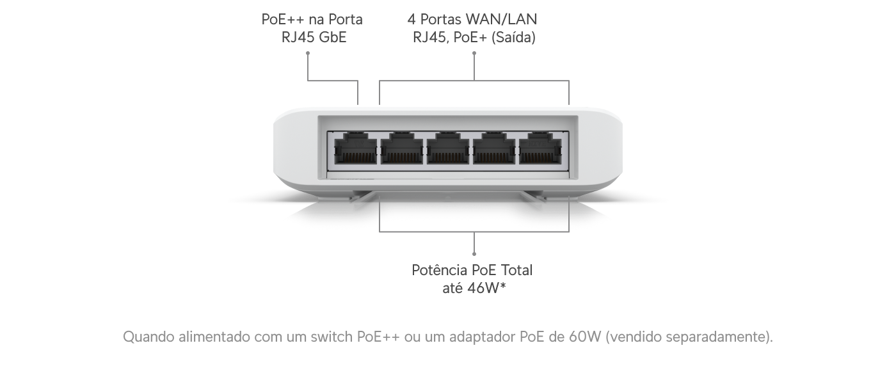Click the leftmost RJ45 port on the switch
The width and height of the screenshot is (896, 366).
pos(354,148)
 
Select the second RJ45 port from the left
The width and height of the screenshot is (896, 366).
pos(402,148)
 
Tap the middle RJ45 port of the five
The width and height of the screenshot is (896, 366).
pos(449,148)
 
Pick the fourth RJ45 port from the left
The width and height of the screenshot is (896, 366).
pos(495,148)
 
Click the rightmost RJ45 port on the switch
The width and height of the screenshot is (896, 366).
pos(541,148)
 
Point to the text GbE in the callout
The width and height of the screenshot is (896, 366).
pos(332,37)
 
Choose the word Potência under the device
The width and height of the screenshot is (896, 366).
pos(437,270)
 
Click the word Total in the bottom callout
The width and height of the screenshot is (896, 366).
pos(515,270)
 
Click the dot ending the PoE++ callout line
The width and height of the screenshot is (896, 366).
pos(308,54)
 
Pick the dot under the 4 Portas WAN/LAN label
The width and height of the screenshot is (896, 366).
pos(474,54)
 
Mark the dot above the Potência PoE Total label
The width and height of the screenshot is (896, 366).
pos(474,253)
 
